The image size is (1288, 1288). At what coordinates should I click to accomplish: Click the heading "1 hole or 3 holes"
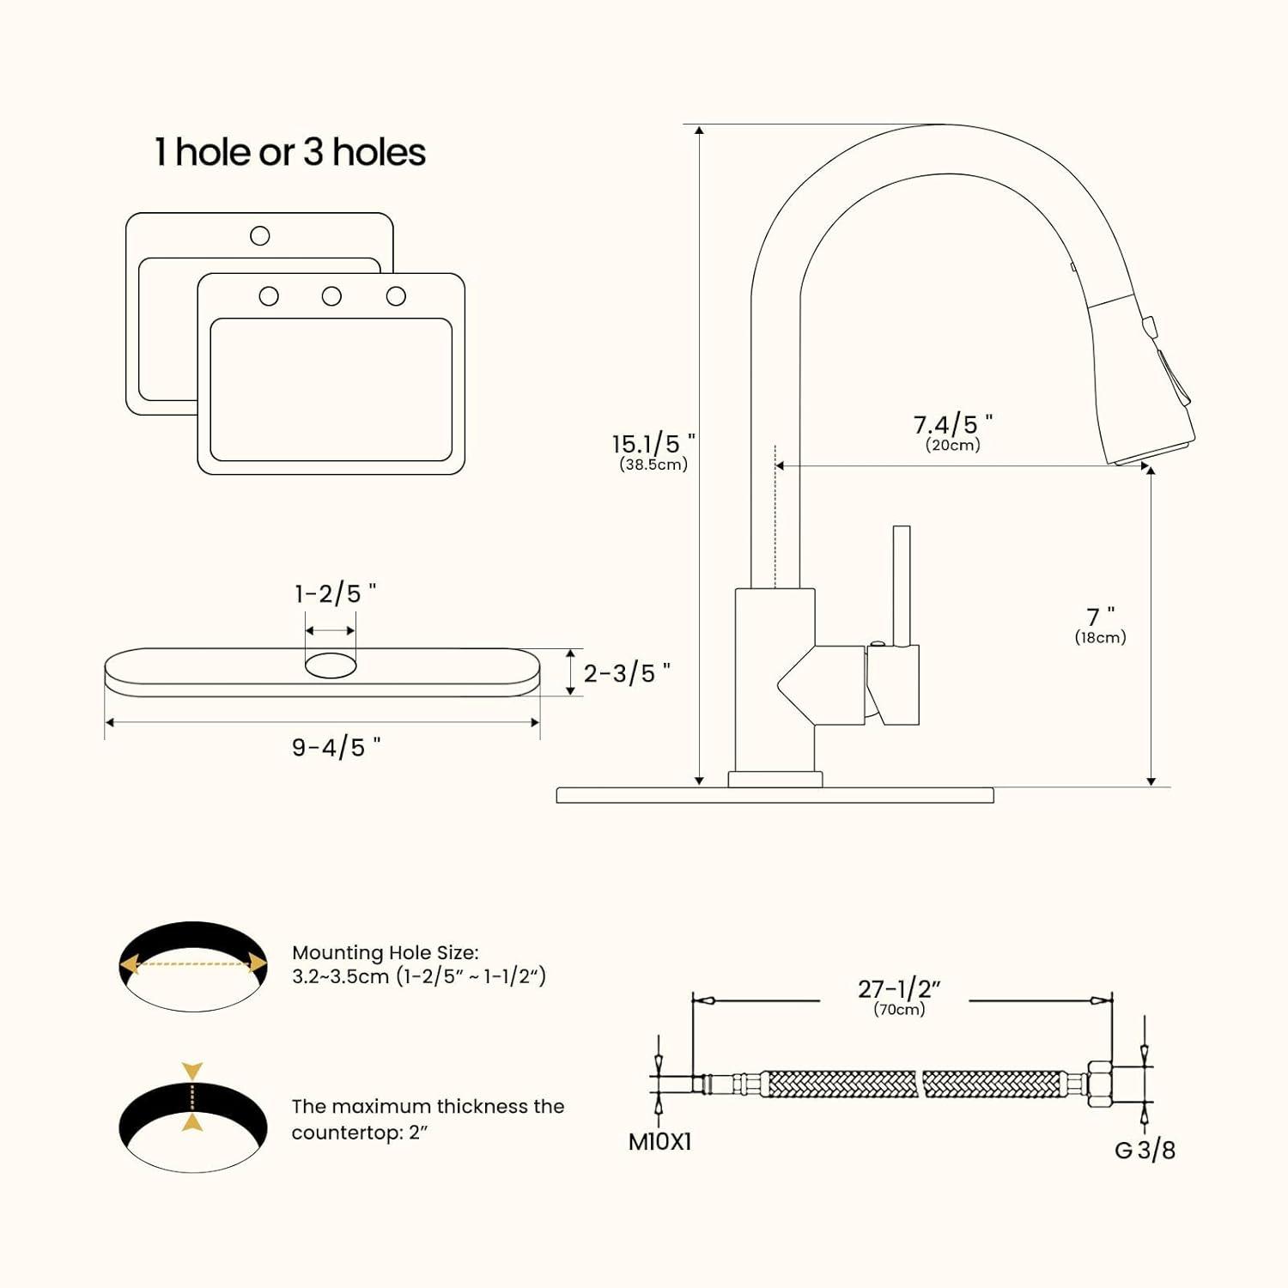(290, 153)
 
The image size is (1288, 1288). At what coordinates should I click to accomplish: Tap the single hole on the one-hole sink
(259, 235)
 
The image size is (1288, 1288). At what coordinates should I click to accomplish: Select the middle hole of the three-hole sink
(331, 296)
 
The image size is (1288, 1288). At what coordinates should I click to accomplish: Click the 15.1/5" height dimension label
(653, 444)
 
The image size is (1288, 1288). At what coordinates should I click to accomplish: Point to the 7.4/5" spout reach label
(952, 424)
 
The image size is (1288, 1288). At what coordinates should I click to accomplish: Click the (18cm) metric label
(1100, 637)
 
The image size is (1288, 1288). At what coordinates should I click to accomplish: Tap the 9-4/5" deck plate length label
(336, 747)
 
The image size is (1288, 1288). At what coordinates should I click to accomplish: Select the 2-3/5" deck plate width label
(627, 673)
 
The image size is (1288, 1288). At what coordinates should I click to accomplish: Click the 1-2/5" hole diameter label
(335, 593)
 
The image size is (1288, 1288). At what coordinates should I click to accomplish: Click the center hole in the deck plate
(331, 665)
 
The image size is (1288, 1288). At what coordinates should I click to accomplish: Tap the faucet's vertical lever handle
(901, 584)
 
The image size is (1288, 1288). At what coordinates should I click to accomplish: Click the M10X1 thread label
(659, 1142)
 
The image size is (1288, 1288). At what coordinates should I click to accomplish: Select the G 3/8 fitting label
(1145, 1150)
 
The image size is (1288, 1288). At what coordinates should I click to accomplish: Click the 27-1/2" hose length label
(898, 989)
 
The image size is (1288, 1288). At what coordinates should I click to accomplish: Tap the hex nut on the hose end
(1100, 1084)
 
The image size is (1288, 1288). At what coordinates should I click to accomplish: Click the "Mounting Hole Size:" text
(386, 952)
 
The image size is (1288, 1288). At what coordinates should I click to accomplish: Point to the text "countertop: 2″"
(359, 1133)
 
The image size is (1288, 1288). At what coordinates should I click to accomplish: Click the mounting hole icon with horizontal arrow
(193, 966)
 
